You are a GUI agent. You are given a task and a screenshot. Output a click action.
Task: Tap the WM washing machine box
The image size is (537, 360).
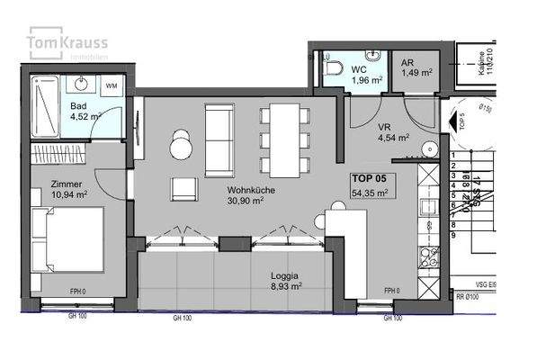pos(112,85)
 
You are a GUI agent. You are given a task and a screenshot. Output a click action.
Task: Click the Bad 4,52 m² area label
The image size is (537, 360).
pos(84,110)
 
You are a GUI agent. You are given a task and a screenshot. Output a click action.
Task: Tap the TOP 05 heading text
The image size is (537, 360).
pos(370,178)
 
